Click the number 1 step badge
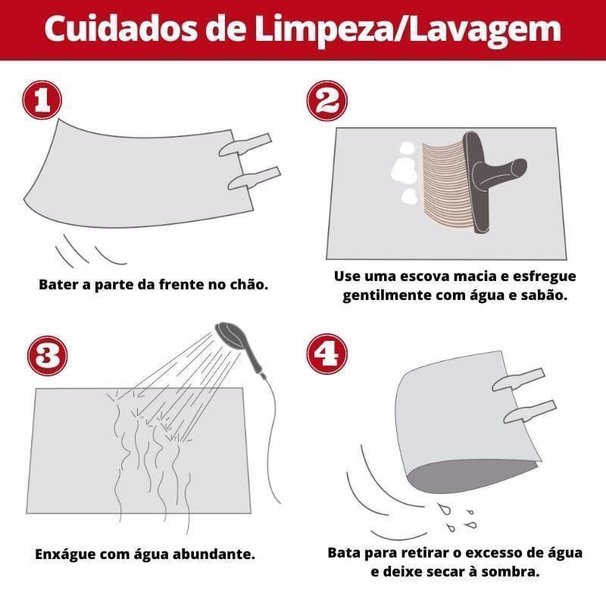click(x=42, y=101)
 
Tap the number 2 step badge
click(x=326, y=101)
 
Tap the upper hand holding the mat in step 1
click(x=245, y=145)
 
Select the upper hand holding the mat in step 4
click(x=518, y=379)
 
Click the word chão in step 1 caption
click(x=247, y=286)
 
